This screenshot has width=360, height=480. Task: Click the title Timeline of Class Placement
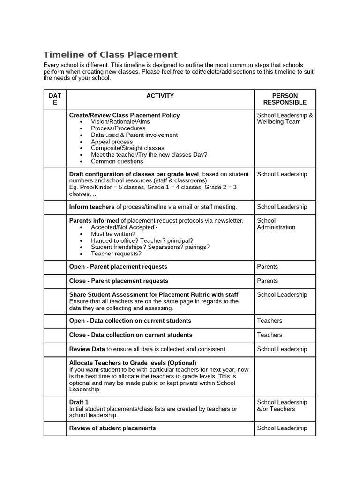tap(111, 55)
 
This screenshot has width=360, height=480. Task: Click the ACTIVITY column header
tap(160, 96)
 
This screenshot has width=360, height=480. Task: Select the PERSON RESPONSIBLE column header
tap(285, 99)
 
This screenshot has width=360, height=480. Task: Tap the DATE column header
tap(55, 99)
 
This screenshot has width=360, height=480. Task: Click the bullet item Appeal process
tap(112, 142)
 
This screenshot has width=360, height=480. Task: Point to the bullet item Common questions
tap(117, 161)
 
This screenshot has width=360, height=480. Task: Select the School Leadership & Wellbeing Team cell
tap(285, 119)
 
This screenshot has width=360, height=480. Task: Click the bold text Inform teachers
tap(92, 207)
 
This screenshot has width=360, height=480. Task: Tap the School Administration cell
tap(276, 224)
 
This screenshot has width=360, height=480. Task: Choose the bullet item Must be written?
tap(113, 234)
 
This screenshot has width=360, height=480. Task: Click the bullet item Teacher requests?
tap(116, 254)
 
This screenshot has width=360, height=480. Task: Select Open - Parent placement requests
tap(118, 267)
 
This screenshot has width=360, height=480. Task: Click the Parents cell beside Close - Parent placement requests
tap(267, 281)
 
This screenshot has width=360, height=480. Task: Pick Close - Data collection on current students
tap(131, 335)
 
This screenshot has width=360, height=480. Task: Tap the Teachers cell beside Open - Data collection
tap(270, 321)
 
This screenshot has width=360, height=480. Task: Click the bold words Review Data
tap(87, 349)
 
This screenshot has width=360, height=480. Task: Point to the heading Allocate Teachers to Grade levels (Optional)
tap(133, 363)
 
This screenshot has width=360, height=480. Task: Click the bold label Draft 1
tap(79, 402)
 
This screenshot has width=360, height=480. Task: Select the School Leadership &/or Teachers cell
tap(282, 405)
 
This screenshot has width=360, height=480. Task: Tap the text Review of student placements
tap(112, 428)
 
